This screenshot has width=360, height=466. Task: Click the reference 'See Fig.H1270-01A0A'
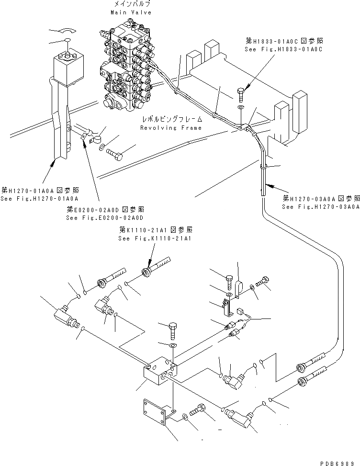click(39, 198)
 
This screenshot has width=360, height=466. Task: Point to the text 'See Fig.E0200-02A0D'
click(105, 218)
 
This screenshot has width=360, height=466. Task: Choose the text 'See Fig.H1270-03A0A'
click(320, 207)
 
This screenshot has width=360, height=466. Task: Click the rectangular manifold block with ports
click(161, 376)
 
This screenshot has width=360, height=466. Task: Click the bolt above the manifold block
click(172, 330)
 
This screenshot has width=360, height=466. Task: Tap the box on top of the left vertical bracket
click(70, 67)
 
